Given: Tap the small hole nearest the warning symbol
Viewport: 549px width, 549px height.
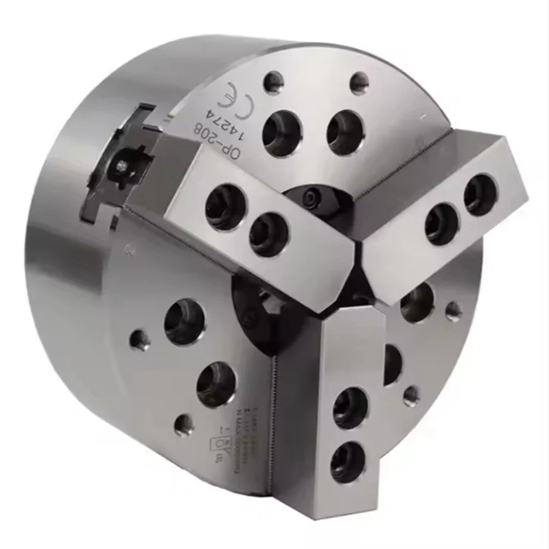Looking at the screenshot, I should (183, 425).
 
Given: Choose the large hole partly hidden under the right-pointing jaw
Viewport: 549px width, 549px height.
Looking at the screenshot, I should (417, 301).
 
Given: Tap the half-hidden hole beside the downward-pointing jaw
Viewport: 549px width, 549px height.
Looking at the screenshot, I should (392, 364).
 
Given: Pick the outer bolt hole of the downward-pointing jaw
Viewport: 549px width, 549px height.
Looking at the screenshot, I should (347, 460).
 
